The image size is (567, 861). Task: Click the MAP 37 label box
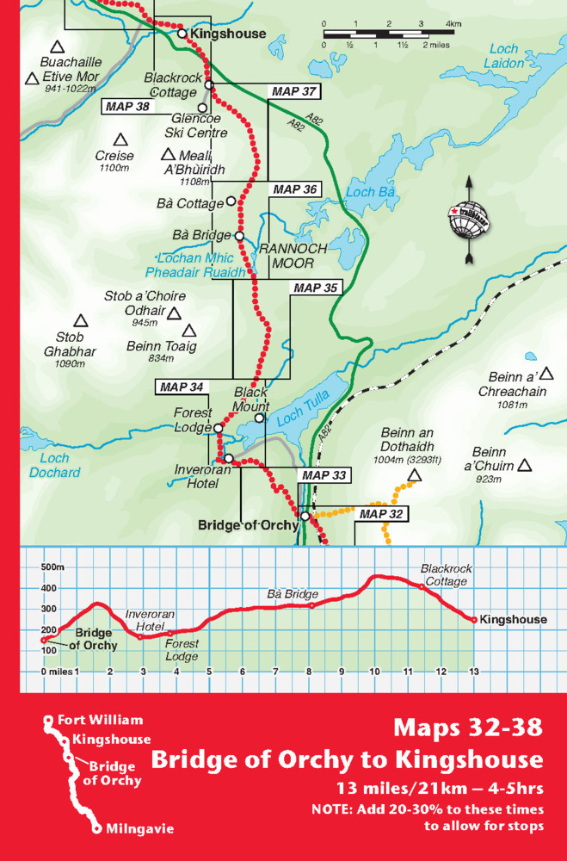(x=294, y=90)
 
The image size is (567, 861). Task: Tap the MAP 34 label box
(x=182, y=387)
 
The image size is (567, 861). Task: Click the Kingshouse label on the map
(x=228, y=34)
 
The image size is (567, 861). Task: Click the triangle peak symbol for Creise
(x=120, y=139)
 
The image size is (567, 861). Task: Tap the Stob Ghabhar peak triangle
(x=80, y=320)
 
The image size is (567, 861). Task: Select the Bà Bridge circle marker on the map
(x=239, y=235)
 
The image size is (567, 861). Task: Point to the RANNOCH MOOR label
(x=293, y=256)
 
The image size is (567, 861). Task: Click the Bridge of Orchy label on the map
(x=248, y=524)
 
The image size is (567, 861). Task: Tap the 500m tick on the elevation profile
(x=52, y=567)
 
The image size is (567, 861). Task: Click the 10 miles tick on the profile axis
(x=374, y=672)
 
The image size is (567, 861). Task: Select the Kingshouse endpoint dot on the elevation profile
(x=473, y=619)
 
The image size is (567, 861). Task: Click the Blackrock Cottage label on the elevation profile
(x=444, y=575)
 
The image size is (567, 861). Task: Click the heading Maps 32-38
(x=468, y=728)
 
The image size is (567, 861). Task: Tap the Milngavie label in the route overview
(x=139, y=829)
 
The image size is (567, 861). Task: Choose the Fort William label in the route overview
(x=100, y=720)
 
